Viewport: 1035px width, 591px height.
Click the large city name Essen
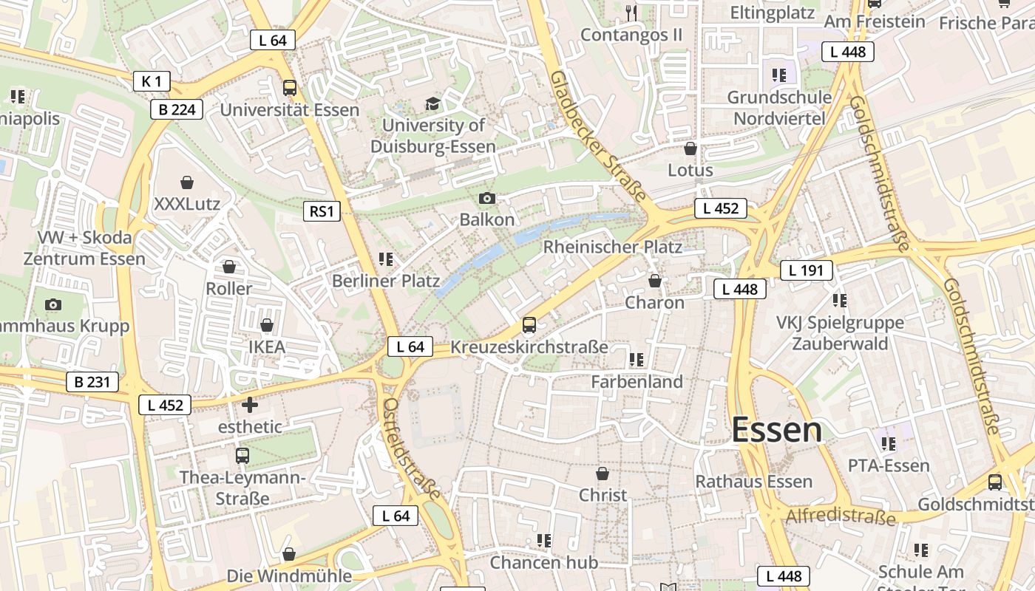tap(776, 430)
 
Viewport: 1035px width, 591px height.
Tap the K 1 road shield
tap(152, 81)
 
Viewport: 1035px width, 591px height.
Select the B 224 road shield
tap(176, 110)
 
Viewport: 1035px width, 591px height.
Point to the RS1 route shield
tap(322, 211)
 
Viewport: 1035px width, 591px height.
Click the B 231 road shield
tap(92, 382)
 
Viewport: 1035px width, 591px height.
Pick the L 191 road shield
tap(806, 270)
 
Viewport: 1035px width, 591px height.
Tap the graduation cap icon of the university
tap(432, 103)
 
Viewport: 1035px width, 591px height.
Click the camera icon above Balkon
tap(486, 198)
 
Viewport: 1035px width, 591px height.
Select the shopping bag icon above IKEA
tap(267, 325)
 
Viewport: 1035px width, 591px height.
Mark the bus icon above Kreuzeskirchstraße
tap(529, 325)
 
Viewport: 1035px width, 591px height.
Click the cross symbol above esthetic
tap(250, 405)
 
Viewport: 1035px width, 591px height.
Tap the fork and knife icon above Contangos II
tap(631, 13)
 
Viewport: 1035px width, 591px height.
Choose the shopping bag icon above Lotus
tap(690, 148)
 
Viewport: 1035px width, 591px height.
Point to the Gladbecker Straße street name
tap(599, 137)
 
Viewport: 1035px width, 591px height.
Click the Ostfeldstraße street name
tap(412, 448)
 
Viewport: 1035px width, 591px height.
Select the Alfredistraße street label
tap(841, 516)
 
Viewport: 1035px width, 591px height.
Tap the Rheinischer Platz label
tap(612, 247)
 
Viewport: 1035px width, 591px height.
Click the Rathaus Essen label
tap(753, 482)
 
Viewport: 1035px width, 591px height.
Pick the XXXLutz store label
tap(187, 203)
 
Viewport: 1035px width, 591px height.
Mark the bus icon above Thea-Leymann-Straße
tap(242, 456)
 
